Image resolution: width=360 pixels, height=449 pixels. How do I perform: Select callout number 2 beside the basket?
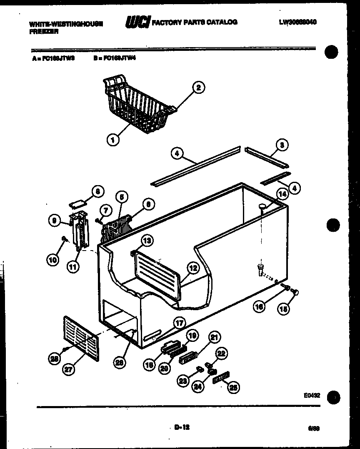(198, 88)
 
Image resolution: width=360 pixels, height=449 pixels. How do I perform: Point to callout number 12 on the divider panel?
(192, 269)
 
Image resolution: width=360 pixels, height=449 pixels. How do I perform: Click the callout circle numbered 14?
(282, 194)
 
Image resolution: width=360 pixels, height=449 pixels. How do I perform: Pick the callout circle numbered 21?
(215, 338)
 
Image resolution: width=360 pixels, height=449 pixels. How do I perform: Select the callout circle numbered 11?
(73, 267)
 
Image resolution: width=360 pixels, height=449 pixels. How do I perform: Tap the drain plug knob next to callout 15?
(297, 293)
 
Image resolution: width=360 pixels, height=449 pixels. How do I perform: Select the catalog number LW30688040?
(297, 22)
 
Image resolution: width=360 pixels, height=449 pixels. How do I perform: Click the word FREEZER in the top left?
(40, 30)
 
